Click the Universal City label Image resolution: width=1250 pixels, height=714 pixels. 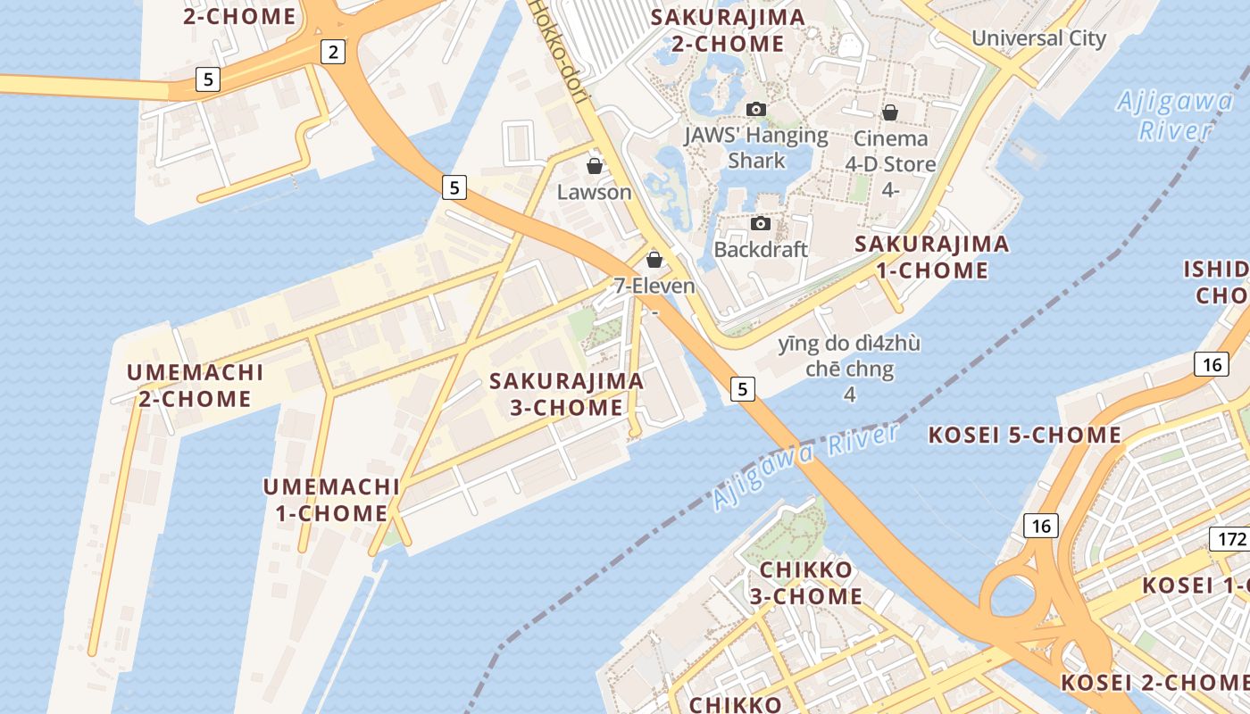(1038, 38)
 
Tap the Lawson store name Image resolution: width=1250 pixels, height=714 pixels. (594, 192)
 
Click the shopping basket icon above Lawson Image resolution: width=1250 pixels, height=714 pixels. (594, 166)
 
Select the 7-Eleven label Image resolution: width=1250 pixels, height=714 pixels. (654, 286)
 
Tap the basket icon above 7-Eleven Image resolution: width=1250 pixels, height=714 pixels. (654, 260)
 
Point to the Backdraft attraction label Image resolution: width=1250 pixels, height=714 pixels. (761, 249)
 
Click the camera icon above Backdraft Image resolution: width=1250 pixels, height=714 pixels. (761, 223)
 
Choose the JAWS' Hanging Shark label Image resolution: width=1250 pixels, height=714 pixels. (756, 148)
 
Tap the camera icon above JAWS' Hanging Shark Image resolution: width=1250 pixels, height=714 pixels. (756, 109)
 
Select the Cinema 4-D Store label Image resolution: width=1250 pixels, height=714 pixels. (890, 152)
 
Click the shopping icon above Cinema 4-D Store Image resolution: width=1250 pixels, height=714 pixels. (890, 112)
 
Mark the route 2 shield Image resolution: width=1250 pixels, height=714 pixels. (333, 53)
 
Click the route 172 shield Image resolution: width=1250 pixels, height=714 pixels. (1231, 539)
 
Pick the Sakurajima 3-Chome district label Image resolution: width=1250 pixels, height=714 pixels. (566, 394)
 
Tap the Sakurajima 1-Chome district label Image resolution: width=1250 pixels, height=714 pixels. (932, 257)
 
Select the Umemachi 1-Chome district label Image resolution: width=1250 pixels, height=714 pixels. (331, 500)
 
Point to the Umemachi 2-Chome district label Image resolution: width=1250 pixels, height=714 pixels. (195, 386)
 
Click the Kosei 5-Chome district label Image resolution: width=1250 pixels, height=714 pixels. (1024, 436)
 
